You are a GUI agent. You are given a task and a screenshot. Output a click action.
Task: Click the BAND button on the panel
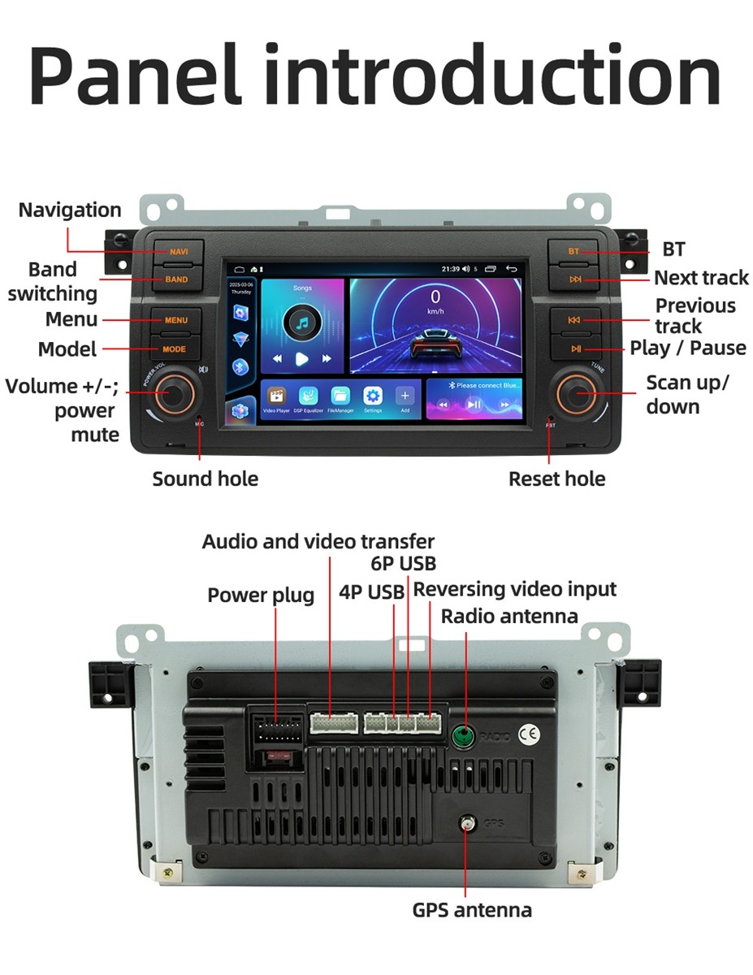point(175,279)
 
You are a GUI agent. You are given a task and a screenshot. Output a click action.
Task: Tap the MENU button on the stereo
point(175,320)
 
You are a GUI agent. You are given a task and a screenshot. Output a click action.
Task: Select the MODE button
point(175,349)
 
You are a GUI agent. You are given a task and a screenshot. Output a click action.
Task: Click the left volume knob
point(171,393)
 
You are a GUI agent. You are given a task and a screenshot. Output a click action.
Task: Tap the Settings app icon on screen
point(373,396)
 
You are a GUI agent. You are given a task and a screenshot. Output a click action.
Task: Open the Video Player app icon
point(276,396)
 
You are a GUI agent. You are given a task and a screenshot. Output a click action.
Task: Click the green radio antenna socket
point(463,736)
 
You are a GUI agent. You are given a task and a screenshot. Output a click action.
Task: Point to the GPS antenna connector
point(466,824)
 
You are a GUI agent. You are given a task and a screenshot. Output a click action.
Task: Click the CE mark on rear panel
point(529,734)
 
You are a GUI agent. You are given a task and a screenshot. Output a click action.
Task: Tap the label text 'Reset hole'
point(556,479)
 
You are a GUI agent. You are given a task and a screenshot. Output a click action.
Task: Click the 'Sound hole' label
point(205,479)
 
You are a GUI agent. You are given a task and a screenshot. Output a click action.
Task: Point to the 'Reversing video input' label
point(515,589)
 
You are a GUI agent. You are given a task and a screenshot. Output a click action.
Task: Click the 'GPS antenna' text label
point(471,910)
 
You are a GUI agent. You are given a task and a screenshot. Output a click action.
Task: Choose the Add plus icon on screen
point(405,396)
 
